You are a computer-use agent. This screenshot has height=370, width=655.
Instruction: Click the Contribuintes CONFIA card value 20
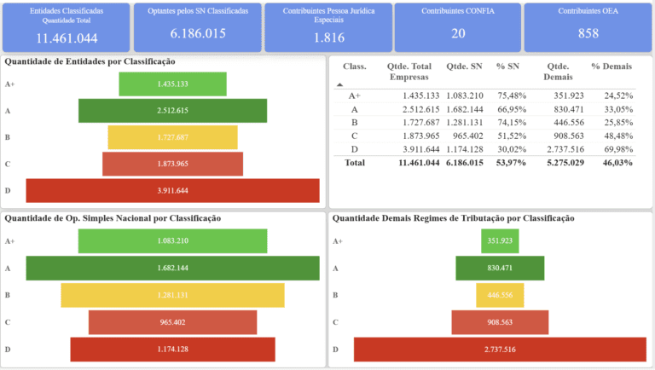coord(459,33)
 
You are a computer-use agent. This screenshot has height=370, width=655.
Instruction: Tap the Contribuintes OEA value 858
coord(588,33)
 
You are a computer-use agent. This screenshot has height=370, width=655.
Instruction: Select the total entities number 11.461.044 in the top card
coord(67,38)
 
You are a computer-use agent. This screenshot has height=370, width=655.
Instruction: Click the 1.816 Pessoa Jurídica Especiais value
coord(328,38)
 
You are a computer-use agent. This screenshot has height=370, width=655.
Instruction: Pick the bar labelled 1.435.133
coord(172,84)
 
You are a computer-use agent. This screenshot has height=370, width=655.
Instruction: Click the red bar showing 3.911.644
coord(172,190)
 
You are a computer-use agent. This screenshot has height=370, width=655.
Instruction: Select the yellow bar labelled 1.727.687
coord(172,137)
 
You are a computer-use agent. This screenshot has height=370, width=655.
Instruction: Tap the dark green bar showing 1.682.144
coord(172,269)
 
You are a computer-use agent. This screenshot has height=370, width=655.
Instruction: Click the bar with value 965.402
coord(172,322)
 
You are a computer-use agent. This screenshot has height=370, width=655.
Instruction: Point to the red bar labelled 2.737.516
coord(501,350)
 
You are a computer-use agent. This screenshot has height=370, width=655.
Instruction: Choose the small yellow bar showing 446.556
coord(501,295)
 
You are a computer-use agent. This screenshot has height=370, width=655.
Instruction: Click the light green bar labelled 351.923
coord(501,241)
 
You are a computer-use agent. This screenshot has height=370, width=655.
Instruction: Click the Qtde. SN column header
coord(463,66)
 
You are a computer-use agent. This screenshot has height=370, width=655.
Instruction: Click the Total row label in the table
coord(354,162)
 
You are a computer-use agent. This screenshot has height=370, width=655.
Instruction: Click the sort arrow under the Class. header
coord(340,84)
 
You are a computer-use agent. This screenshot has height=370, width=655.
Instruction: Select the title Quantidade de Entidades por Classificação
coord(90,61)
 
